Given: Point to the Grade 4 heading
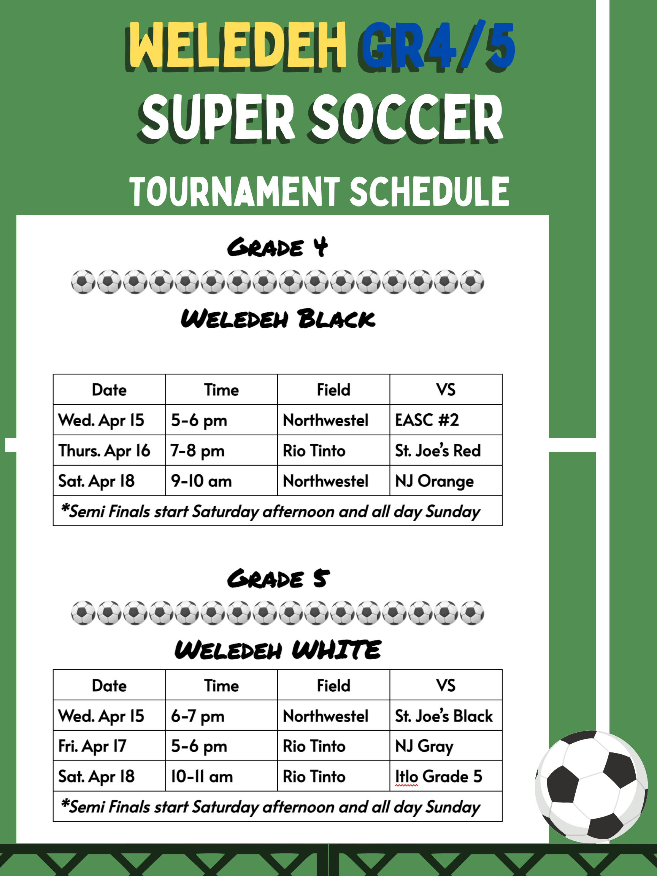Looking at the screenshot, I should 277,248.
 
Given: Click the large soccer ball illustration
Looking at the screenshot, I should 591,786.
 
